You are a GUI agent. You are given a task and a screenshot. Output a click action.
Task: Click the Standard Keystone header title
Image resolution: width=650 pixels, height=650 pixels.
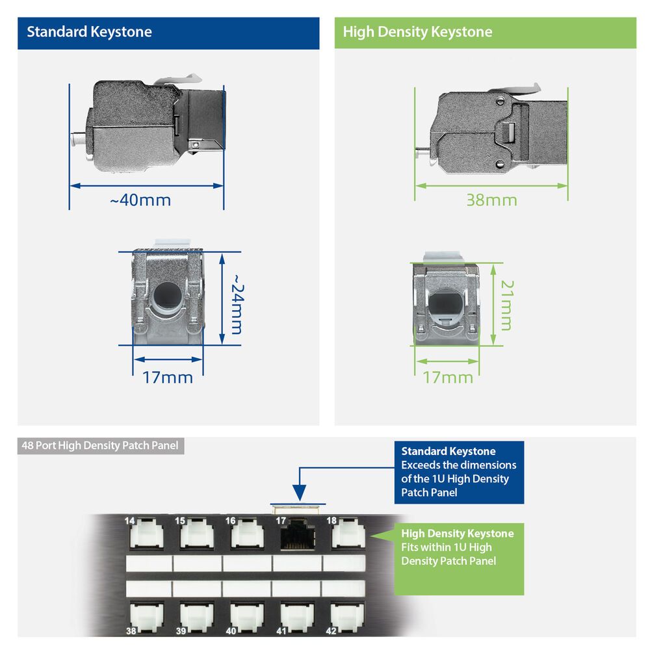(89, 32)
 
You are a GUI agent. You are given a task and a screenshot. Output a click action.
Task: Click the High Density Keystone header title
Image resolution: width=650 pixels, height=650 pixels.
(417, 32)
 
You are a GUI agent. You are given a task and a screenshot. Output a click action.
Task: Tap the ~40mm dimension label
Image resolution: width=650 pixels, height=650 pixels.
(140, 200)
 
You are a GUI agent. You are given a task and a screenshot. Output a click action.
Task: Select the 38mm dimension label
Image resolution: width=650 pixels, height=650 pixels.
(491, 200)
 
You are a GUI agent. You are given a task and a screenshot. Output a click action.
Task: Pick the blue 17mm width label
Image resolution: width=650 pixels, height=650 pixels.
(168, 377)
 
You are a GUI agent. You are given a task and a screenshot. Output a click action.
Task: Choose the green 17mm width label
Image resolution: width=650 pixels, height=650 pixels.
(448, 377)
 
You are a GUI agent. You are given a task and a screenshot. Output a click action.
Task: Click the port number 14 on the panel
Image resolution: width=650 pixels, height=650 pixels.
(129, 521)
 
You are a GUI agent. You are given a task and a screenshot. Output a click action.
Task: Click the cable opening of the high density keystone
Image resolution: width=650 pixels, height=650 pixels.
(446, 304)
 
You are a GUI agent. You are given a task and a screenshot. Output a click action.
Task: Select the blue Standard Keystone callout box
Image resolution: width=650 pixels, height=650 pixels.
(458, 472)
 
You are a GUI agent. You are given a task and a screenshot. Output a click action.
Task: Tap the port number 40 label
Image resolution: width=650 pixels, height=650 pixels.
(231, 630)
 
